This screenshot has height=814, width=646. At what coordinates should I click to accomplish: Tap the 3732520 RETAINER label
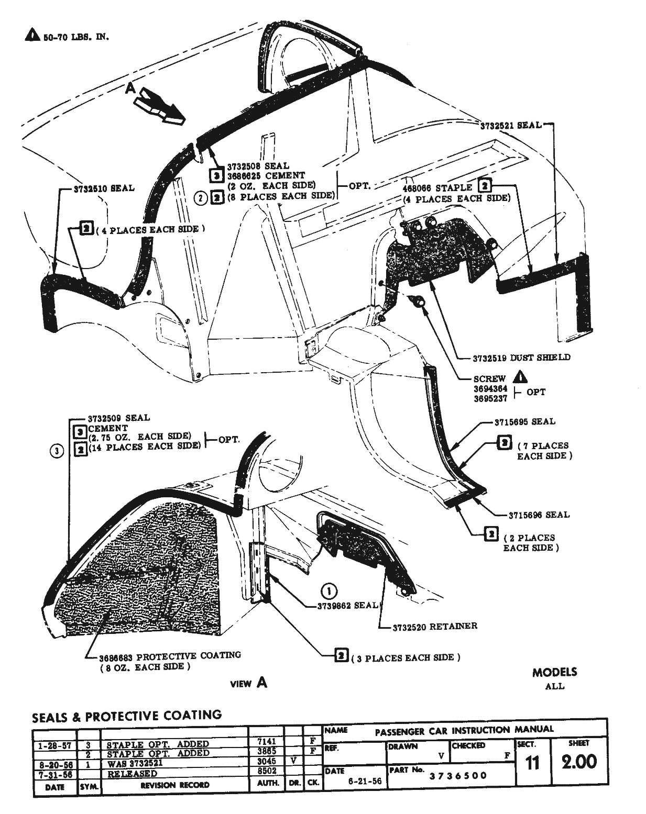pyautogui.click(x=435, y=626)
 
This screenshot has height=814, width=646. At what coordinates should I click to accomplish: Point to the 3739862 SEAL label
pyautogui.click(x=347, y=605)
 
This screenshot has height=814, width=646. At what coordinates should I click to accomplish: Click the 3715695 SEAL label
pyautogui.click(x=525, y=421)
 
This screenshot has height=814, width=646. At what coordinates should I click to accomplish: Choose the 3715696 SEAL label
pyautogui.click(x=539, y=515)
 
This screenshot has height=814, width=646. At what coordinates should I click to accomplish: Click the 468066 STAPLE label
pyautogui.click(x=438, y=187)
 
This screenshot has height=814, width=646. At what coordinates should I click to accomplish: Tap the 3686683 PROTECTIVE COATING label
pyautogui.click(x=170, y=655)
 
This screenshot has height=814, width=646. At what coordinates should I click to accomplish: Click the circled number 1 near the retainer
pyautogui.click(x=329, y=591)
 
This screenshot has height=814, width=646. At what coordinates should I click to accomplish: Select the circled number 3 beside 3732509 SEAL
pyautogui.click(x=58, y=451)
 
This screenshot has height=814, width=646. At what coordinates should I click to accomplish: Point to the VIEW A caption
pyautogui.click(x=249, y=683)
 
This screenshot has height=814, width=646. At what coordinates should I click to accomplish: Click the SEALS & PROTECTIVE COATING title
pyautogui.click(x=127, y=715)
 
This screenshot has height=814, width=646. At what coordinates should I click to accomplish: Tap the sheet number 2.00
pyautogui.click(x=578, y=762)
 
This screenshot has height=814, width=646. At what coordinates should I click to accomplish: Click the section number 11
pyautogui.click(x=532, y=763)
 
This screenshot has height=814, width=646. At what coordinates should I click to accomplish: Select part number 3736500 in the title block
pyautogui.click(x=458, y=775)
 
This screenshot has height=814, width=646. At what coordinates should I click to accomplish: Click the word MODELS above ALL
pyautogui.click(x=554, y=672)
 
